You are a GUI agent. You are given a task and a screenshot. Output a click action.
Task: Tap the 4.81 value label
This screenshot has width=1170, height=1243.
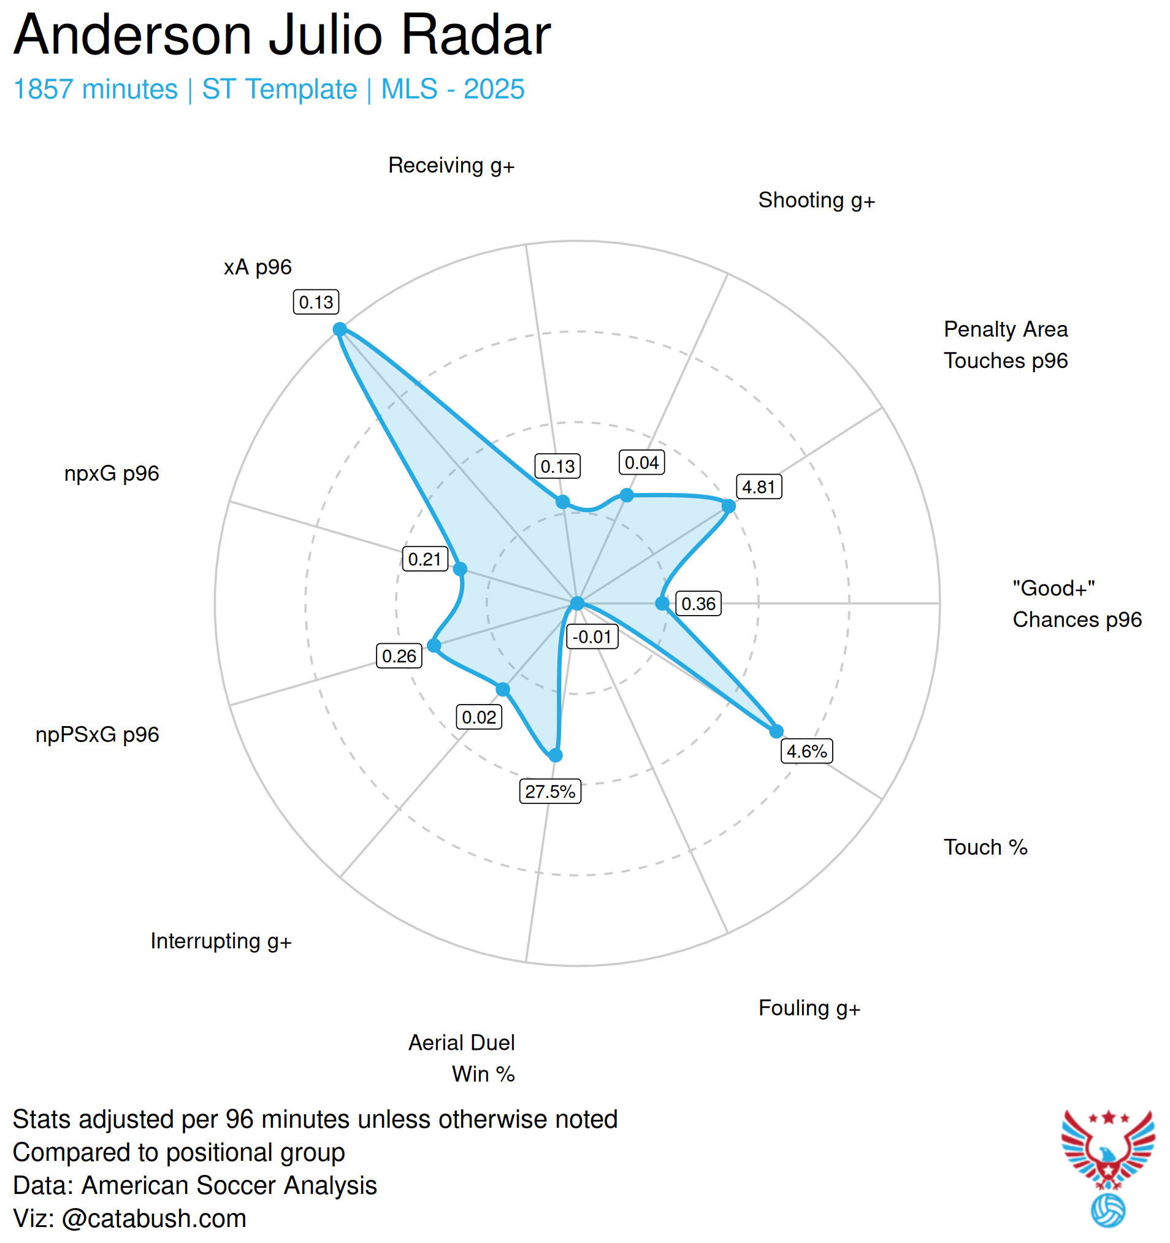coord(759,487)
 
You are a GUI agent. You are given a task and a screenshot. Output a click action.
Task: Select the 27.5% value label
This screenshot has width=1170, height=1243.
coord(549,792)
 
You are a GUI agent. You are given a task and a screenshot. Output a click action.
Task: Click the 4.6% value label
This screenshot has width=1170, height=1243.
coord(807,751)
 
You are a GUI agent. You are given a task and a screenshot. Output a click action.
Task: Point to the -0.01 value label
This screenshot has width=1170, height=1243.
coord(592,637)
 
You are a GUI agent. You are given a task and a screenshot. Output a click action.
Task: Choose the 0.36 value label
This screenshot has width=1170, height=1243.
coord(698,604)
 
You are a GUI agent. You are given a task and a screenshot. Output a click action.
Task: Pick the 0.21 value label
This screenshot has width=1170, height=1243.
coord(424,559)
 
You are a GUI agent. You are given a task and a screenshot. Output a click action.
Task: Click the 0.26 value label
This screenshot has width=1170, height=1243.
coord(399,657)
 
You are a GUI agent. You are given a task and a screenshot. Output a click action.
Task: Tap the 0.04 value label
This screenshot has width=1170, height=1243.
coord(641,463)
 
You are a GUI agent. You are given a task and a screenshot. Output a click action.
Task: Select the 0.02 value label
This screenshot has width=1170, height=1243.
coord(479,717)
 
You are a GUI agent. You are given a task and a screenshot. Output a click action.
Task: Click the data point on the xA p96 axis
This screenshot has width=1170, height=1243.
coord(340,329)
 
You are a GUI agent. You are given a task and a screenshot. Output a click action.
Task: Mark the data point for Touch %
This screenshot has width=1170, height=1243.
coord(776,731)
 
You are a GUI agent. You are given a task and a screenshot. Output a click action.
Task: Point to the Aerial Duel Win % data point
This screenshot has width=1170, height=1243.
coord(556,755)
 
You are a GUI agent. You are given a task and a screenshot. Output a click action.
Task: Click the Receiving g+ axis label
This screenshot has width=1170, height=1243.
coord(451,166)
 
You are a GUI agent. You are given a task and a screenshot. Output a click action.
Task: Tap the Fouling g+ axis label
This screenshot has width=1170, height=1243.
coord(809,1009)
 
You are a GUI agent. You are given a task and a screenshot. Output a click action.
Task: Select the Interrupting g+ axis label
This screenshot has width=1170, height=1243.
coord(221,942)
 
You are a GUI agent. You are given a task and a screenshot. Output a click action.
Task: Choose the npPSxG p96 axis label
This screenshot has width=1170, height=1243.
coord(97,735)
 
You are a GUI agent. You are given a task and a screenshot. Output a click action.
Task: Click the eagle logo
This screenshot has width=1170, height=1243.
coord(1107,1149)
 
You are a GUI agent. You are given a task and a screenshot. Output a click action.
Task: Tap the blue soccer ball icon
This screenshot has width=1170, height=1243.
coord(1107,1211)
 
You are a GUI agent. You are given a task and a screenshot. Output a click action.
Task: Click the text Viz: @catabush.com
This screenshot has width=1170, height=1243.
coord(129,1218)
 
